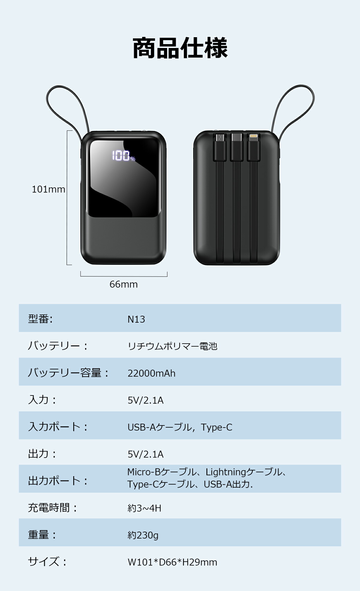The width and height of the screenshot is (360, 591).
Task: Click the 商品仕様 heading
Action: pyautogui.click(x=180, y=48)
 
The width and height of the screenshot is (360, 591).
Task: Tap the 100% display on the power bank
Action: pyautogui.click(x=123, y=156)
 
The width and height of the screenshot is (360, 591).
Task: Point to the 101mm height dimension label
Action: pyautogui.click(x=48, y=189)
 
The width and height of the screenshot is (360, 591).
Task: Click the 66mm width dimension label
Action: pyautogui.click(x=123, y=284)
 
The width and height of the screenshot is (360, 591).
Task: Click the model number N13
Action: pyautogui.click(x=136, y=319)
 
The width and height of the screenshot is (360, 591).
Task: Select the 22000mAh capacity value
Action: pyautogui.click(x=151, y=373)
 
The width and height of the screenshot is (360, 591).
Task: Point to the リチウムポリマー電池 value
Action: pyautogui.click(x=172, y=346)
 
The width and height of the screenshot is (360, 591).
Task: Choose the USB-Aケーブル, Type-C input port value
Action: pyautogui.click(x=180, y=427)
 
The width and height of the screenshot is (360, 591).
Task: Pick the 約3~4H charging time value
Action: pyautogui.click(x=144, y=508)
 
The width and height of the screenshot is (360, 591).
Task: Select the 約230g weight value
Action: pyautogui.click(x=143, y=535)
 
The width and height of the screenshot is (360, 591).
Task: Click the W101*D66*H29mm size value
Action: pyautogui.click(x=172, y=562)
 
